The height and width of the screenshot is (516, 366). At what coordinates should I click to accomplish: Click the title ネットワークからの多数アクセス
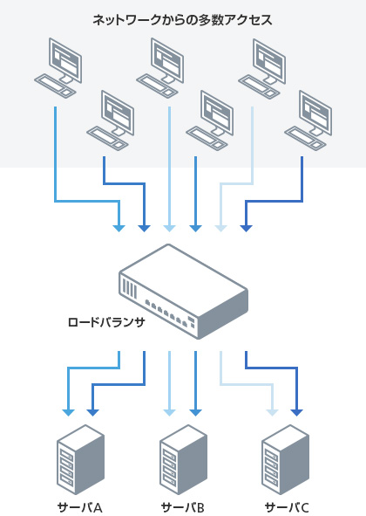183,20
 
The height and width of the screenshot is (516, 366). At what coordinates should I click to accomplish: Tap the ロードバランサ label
106,322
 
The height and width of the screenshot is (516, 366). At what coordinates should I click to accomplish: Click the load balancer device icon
183,292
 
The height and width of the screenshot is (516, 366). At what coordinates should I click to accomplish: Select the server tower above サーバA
80,459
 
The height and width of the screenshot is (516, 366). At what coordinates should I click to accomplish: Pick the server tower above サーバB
183,459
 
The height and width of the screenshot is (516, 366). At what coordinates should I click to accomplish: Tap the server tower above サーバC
286,459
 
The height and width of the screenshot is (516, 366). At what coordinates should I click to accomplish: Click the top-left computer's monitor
65,60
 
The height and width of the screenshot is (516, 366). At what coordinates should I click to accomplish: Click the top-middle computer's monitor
167,60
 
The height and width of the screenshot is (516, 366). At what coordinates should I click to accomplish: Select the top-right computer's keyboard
259,87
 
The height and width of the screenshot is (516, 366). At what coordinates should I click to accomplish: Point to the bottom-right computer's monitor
315,113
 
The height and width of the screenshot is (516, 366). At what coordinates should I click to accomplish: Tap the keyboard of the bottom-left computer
107,138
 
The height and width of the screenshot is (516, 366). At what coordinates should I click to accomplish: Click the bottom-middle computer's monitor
217,113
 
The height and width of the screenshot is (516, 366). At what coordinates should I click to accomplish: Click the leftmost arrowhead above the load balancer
119,229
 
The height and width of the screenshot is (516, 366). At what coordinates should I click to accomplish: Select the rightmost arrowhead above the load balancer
246,229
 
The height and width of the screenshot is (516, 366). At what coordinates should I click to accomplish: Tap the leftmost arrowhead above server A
68,413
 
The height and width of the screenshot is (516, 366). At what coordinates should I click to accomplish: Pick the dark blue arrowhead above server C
296,413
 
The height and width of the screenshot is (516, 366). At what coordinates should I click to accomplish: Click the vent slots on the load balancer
129,289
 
